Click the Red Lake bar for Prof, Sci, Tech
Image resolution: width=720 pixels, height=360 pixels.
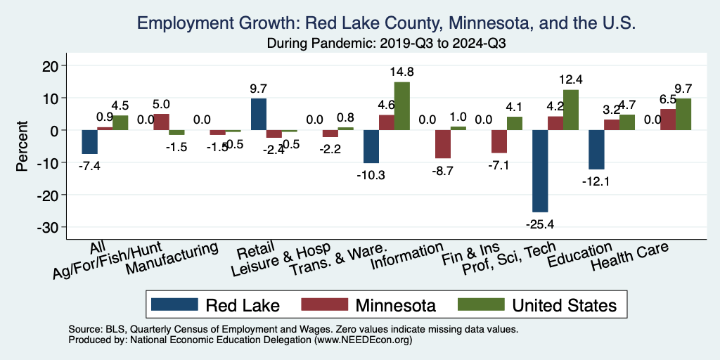tap(540, 171)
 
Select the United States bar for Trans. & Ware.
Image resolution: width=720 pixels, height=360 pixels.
tap(401, 106)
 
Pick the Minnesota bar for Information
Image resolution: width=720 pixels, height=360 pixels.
tap(443, 144)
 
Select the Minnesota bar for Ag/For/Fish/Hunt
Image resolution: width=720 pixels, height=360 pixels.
tap(161, 122)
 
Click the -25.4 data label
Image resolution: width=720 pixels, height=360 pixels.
tap(540, 225)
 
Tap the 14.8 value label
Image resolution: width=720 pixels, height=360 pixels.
tap(401, 71)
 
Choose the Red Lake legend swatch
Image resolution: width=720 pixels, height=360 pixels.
tap(175, 304)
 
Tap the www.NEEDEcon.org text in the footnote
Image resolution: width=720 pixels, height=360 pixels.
tap(364, 340)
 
